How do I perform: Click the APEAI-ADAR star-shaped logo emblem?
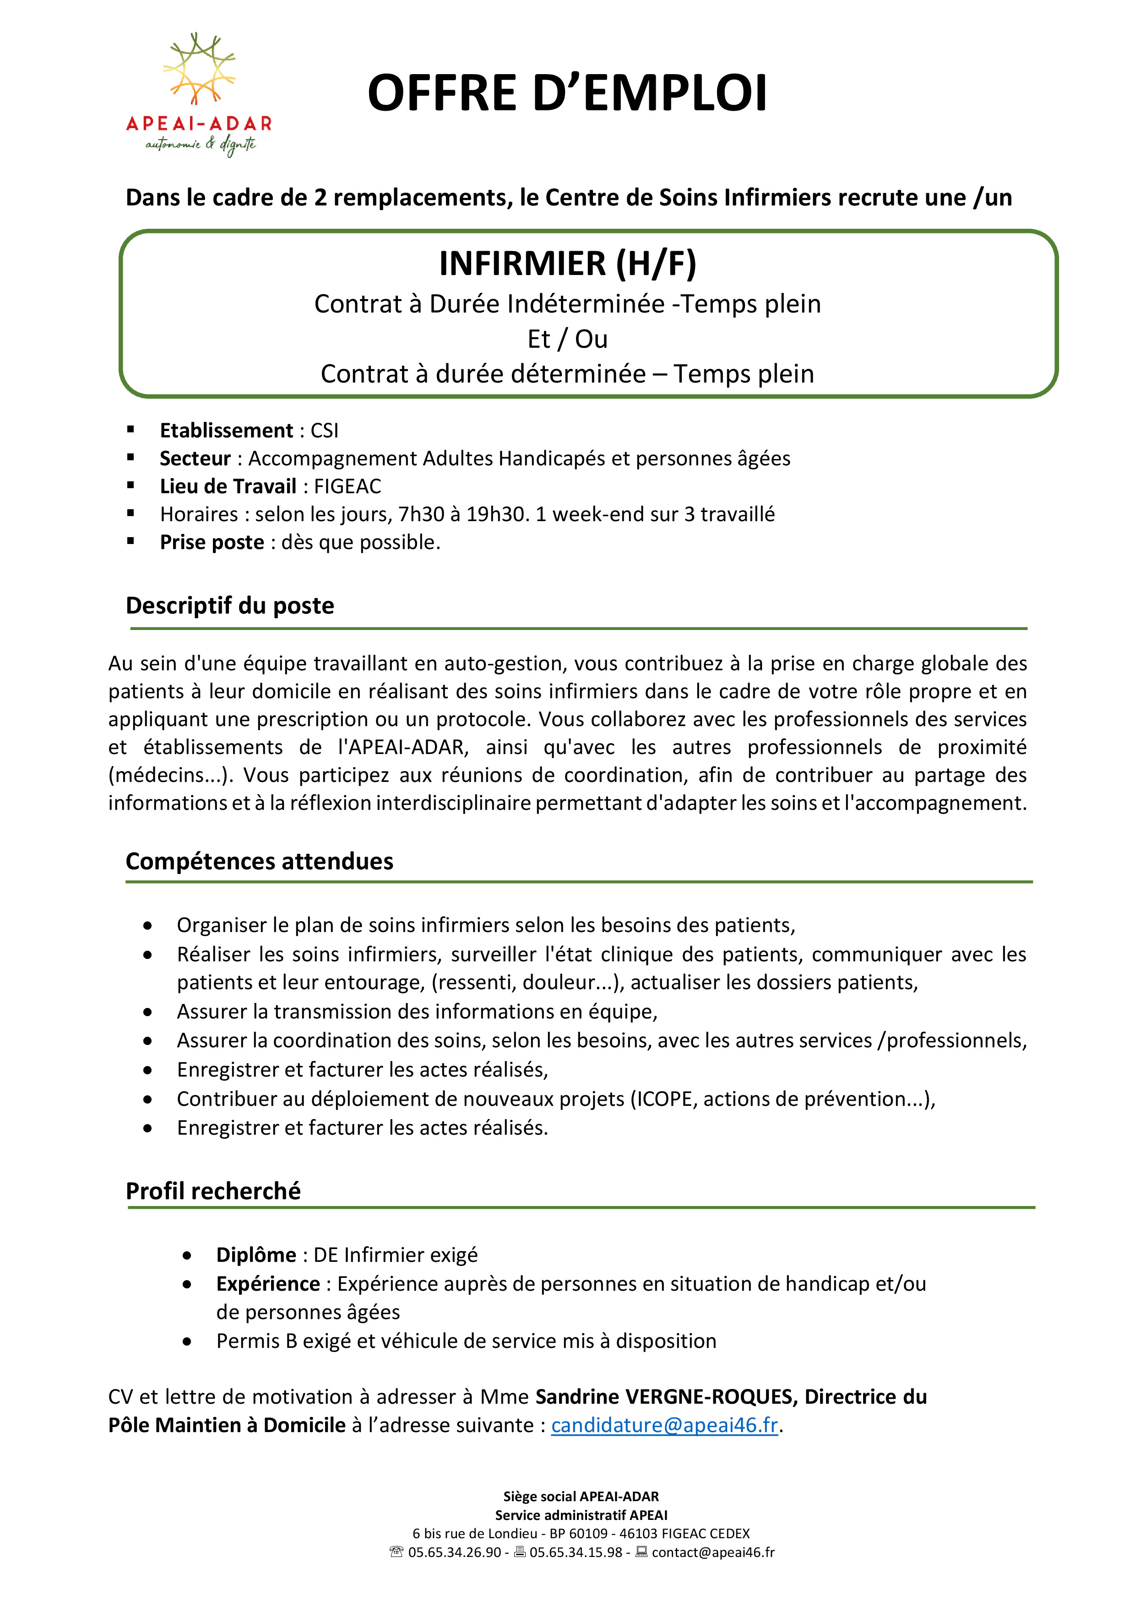point(199,69)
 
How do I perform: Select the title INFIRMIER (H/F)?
point(567,264)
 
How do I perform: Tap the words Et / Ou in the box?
point(567,339)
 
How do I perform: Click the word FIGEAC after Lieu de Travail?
point(348,486)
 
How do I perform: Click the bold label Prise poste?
point(212,543)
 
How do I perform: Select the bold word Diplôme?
point(256,1255)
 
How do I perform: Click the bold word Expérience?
point(268,1284)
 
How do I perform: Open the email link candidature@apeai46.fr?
point(664,1425)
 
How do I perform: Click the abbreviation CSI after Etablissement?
point(325,431)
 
